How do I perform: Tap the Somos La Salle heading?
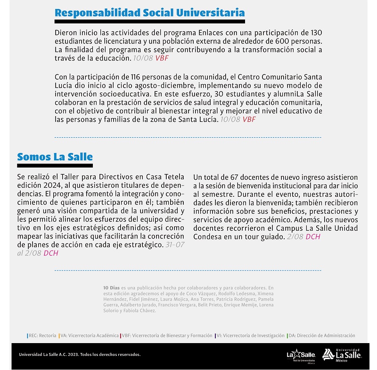[55, 157]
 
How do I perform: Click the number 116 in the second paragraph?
[135, 77]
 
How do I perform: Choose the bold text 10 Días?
[111, 287]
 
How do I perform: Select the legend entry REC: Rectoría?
[41, 336]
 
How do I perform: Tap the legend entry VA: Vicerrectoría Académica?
[89, 336]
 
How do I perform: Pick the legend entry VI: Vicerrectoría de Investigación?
[250, 336]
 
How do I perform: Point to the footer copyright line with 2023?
[80, 354]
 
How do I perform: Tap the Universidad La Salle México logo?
[341, 354]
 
